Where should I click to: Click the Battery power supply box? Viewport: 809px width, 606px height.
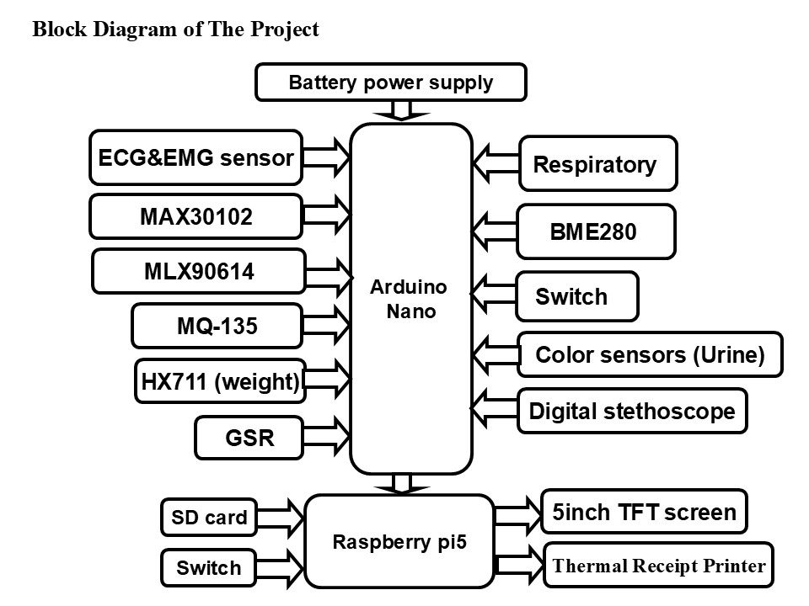coord(390,82)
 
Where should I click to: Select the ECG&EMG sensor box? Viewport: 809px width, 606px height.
coord(196,157)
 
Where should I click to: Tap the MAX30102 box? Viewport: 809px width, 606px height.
coord(196,217)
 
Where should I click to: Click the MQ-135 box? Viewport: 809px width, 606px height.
coord(217,326)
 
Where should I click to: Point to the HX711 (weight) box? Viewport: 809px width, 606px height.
coord(219,381)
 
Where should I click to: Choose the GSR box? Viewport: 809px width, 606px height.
coord(249,438)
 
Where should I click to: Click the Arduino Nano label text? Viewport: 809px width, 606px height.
coord(411,299)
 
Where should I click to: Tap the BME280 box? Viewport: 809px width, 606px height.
coord(596,231)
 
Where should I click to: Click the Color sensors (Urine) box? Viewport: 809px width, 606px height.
coord(649,354)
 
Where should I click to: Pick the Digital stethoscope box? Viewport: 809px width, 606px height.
coord(631,411)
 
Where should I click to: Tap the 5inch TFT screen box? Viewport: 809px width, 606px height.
coord(644,512)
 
